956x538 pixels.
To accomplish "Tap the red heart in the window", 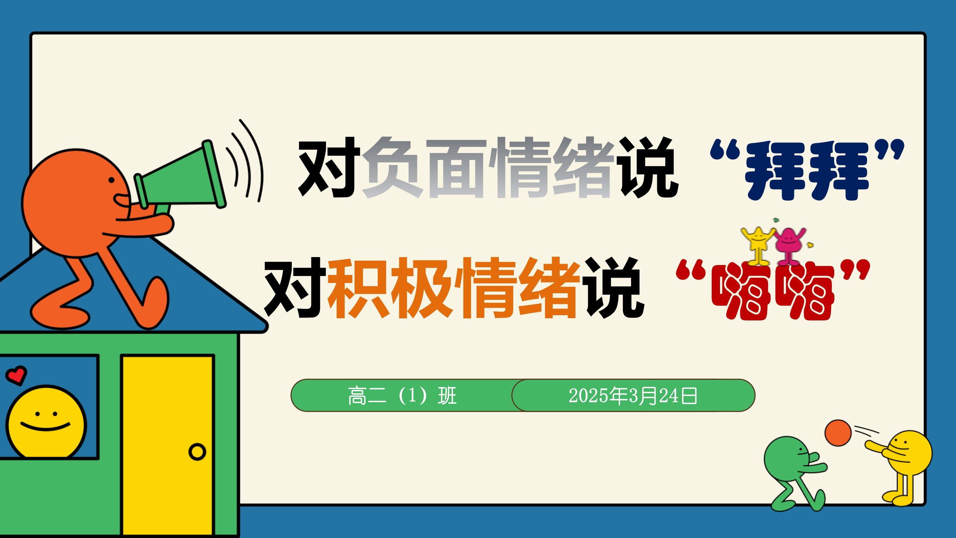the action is pyautogui.click(x=16, y=375).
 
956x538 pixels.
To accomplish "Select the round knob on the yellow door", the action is pyautogui.click(x=197, y=452).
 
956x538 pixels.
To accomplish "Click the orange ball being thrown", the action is pyautogui.click(x=838, y=433).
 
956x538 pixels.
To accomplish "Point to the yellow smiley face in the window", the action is pyautogui.click(x=46, y=422).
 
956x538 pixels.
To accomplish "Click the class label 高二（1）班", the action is pyautogui.click(x=402, y=396).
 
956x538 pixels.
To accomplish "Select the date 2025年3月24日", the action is pyautogui.click(x=633, y=396).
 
